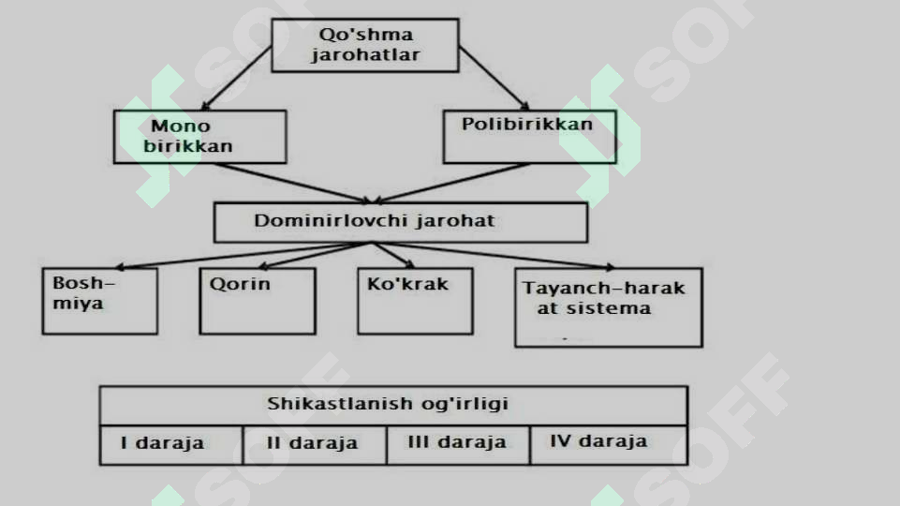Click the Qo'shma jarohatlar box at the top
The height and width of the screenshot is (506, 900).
click(365, 45)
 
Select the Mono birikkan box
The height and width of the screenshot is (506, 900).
click(199, 137)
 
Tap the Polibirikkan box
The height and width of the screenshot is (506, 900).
click(530, 137)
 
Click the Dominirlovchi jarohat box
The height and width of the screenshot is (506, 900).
click(401, 222)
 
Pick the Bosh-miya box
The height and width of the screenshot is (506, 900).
click(100, 301)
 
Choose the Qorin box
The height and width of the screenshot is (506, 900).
click(258, 301)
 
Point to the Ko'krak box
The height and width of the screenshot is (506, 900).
click(415, 301)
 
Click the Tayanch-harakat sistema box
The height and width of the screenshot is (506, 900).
click(609, 307)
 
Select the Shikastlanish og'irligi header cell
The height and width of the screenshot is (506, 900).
click(393, 406)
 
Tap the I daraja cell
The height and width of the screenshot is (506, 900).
click(171, 445)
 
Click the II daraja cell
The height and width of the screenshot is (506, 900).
click(315, 445)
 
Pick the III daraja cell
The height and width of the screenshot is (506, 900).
click(458, 445)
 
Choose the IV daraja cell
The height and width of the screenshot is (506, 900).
click(609, 445)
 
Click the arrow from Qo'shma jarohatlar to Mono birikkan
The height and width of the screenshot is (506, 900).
click(237, 78)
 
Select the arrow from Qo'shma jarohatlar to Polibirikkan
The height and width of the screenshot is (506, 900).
click(494, 78)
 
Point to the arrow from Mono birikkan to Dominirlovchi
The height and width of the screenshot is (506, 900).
click(294, 184)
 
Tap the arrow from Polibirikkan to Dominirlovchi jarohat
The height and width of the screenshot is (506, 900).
click(451, 184)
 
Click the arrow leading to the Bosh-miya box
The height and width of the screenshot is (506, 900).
click(243, 255)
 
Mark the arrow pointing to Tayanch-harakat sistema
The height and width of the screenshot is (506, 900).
click(494, 255)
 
